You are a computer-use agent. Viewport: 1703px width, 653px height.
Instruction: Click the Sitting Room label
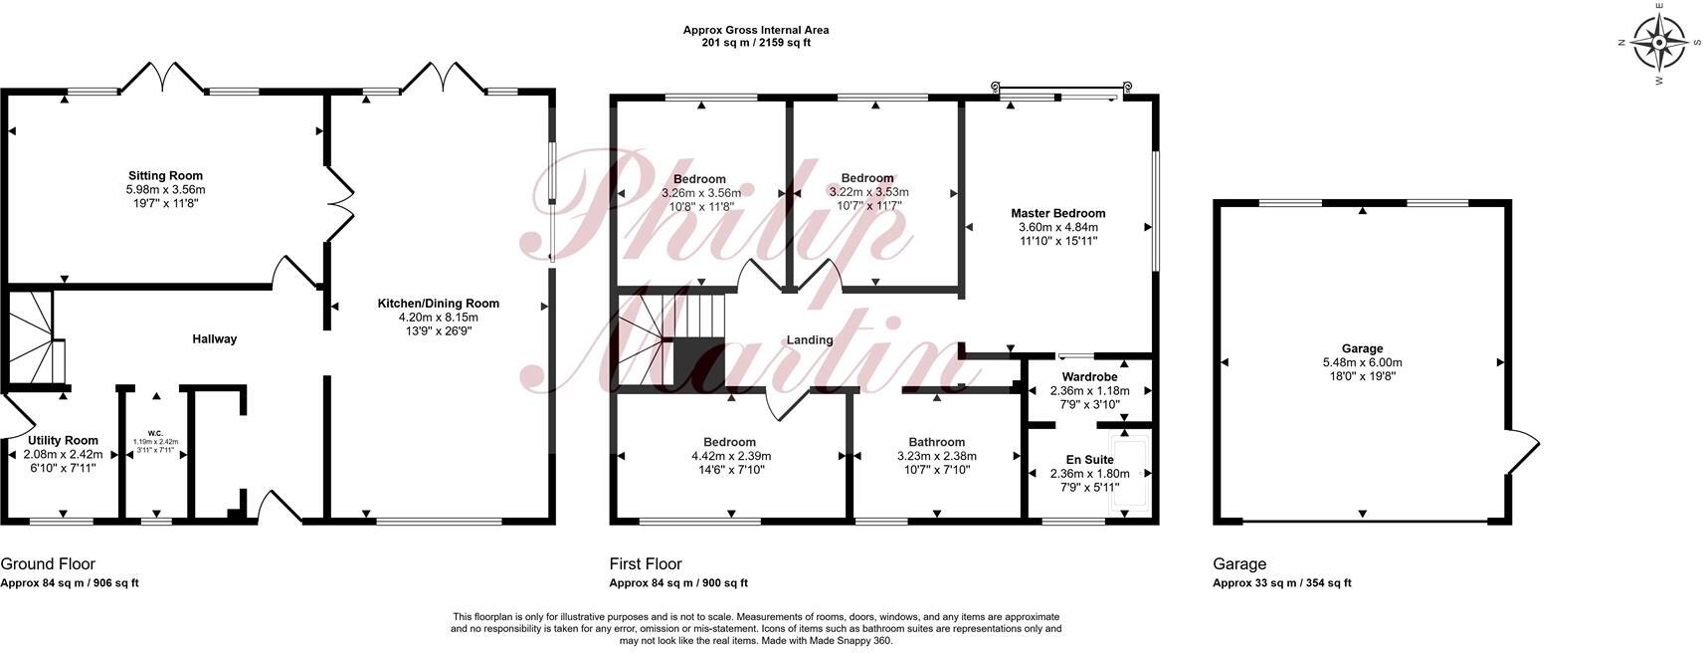165,176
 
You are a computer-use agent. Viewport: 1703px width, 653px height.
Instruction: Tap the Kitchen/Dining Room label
438,304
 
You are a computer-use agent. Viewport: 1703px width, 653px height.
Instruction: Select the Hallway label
215,339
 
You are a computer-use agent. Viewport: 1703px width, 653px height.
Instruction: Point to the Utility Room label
63,441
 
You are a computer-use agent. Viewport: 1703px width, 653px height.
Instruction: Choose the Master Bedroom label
1057,213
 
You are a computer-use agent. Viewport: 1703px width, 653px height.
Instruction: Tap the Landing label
810,340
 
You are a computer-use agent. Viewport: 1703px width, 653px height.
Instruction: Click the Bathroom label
936,443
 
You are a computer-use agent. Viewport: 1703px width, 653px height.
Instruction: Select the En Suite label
1089,460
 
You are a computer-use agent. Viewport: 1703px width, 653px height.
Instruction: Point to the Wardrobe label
1089,377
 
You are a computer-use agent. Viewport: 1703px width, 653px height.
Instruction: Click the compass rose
1659,44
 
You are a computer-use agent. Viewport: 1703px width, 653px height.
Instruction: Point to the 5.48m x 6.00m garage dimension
1362,363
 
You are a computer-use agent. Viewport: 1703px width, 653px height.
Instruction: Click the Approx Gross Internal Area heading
755,30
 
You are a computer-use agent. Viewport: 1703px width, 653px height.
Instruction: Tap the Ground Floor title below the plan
48,564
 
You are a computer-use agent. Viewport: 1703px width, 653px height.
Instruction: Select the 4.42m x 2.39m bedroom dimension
729,457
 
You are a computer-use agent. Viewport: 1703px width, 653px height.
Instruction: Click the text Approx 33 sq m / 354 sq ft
1281,584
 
